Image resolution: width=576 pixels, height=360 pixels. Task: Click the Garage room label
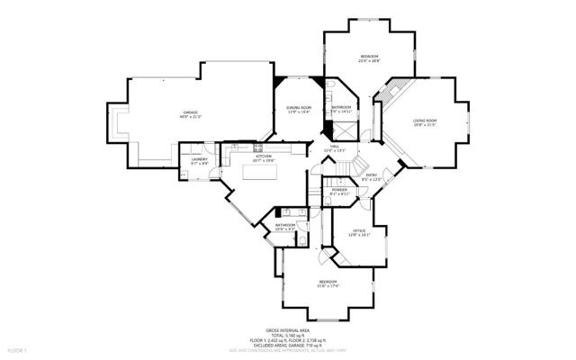[191, 112]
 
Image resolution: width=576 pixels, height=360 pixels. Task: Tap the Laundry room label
[199, 160]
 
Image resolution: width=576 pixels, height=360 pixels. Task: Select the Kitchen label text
[264, 157]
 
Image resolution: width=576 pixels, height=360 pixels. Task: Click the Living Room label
[425, 121]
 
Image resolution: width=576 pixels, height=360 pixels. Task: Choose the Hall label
[334, 147]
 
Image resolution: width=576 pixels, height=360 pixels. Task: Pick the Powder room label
[339, 190]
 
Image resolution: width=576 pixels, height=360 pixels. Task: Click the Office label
[359, 231]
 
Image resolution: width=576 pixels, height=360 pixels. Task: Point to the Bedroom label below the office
[327, 283]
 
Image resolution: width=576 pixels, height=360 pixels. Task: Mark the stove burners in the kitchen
[258, 147]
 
